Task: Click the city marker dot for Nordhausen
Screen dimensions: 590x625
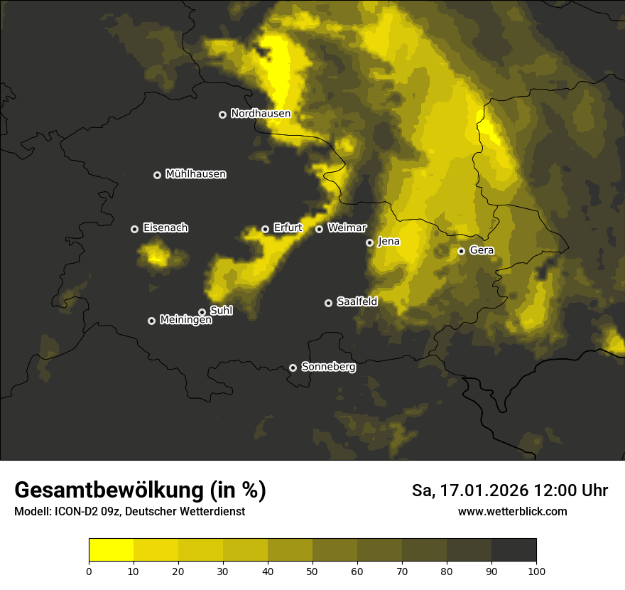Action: tap(222, 114)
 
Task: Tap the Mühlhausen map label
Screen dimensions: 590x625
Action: tap(195, 174)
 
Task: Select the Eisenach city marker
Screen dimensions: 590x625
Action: tap(134, 229)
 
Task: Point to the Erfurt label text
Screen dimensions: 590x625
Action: tap(288, 228)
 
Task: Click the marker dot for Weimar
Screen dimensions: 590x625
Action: tap(319, 229)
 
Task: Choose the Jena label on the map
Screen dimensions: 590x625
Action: tap(388, 242)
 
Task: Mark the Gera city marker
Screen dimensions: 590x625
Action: tap(461, 251)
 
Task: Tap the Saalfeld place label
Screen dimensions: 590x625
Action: tap(357, 302)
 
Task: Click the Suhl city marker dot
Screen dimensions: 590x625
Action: tap(202, 312)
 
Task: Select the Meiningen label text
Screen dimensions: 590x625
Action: tap(185, 321)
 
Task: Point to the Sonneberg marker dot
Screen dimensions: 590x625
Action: tap(293, 368)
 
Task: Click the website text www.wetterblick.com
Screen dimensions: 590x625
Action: tap(512, 512)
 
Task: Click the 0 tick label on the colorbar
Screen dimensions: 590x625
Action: tap(89, 571)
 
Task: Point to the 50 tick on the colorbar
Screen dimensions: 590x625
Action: tap(312, 571)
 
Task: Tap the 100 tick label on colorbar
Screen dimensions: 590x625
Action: tap(536, 571)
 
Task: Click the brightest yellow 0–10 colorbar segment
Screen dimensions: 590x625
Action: tap(111, 550)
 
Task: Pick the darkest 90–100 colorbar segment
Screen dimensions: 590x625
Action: tap(513, 550)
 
